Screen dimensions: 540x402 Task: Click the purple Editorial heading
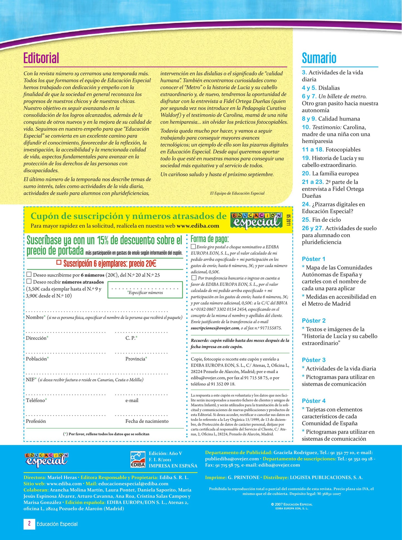point(41,58)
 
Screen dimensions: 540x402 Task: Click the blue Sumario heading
point(319,58)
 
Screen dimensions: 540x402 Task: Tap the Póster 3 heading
point(314,360)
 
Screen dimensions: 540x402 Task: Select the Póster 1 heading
point(314,259)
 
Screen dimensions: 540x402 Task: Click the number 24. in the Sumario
point(306,204)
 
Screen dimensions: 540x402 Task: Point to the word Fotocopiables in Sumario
point(343,150)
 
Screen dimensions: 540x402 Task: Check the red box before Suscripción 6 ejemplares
point(59,262)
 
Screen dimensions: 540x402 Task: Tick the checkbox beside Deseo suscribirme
point(29,274)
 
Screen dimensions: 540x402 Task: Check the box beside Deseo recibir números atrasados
point(29,281)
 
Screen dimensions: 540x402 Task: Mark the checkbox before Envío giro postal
point(193,246)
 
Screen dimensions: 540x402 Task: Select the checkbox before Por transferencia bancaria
point(194,278)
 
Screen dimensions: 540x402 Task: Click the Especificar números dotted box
point(145,290)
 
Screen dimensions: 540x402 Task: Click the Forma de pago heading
point(209,239)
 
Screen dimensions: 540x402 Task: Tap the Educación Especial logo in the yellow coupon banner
point(256,220)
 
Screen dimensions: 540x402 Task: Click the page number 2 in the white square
point(29,523)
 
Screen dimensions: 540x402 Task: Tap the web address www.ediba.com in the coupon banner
point(198,226)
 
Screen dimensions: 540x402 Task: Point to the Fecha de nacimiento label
point(147,421)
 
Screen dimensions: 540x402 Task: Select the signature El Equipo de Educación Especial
point(237,193)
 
